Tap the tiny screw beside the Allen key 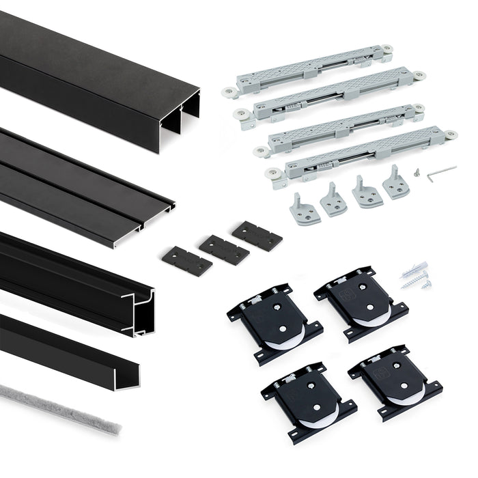tap(417, 173)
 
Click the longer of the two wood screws tap(414, 279)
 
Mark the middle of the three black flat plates tap(224, 249)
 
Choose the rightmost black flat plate tap(257, 236)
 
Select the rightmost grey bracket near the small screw tap(395, 182)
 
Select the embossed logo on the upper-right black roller tap(343, 296)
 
